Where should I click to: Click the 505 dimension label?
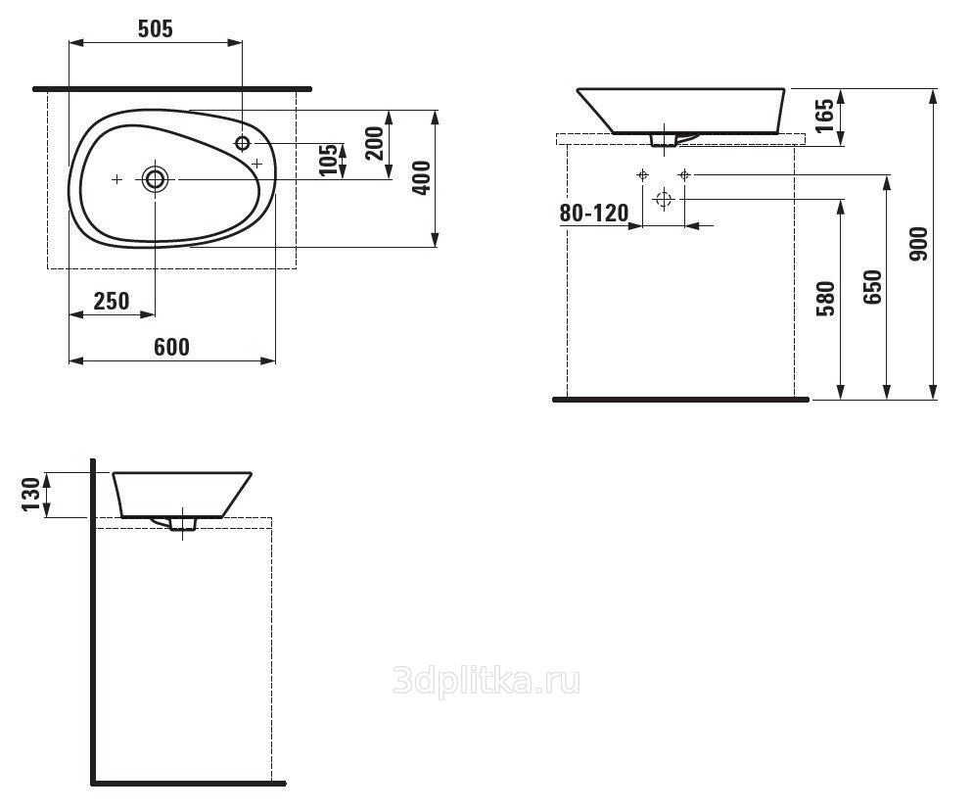pyautogui.click(x=155, y=29)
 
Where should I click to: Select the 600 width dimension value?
pyautogui.click(x=172, y=347)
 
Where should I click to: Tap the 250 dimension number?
pyautogui.click(x=112, y=301)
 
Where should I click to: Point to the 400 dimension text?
pyautogui.click(x=421, y=178)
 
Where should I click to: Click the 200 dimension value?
pyautogui.click(x=374, y=143)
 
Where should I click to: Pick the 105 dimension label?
pyautogui.click(x=329, y=161)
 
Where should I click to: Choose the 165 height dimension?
pyautogui.click(x=824, y=117)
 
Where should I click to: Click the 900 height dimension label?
pyautogui.click(x=918, y=244)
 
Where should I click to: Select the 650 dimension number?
pyautogui.click(x=872, y=287)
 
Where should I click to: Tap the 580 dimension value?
pyautogui.click(x=826, y=299)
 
